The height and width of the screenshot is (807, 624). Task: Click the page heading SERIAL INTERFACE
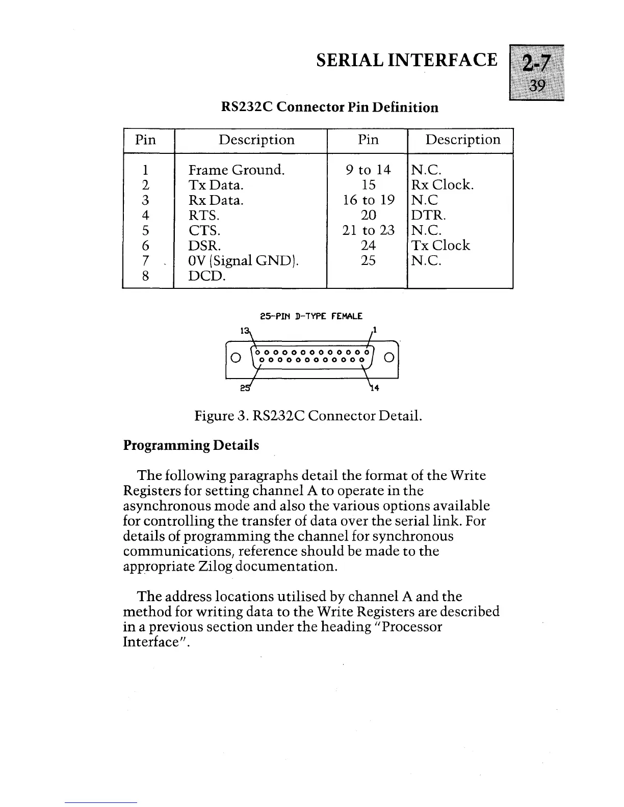tap(406, 60)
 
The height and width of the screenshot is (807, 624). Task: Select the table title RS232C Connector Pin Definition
tap(330, 107)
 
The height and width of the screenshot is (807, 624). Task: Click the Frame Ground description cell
tap(237, 170)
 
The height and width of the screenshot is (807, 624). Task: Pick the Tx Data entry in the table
tap(216, 185)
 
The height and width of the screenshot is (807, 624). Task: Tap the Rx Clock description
tap(443, 185)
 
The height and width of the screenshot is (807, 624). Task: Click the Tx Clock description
tap(440, 246)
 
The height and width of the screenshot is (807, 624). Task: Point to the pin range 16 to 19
tap(369, 200)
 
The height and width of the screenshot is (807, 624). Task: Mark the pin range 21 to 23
tap(369, 230)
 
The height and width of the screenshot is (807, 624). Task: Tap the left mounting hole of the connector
tap(236, 356)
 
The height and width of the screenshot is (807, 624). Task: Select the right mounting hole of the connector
tap(388, 356)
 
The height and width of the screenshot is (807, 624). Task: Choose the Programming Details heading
tap(191, 445)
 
